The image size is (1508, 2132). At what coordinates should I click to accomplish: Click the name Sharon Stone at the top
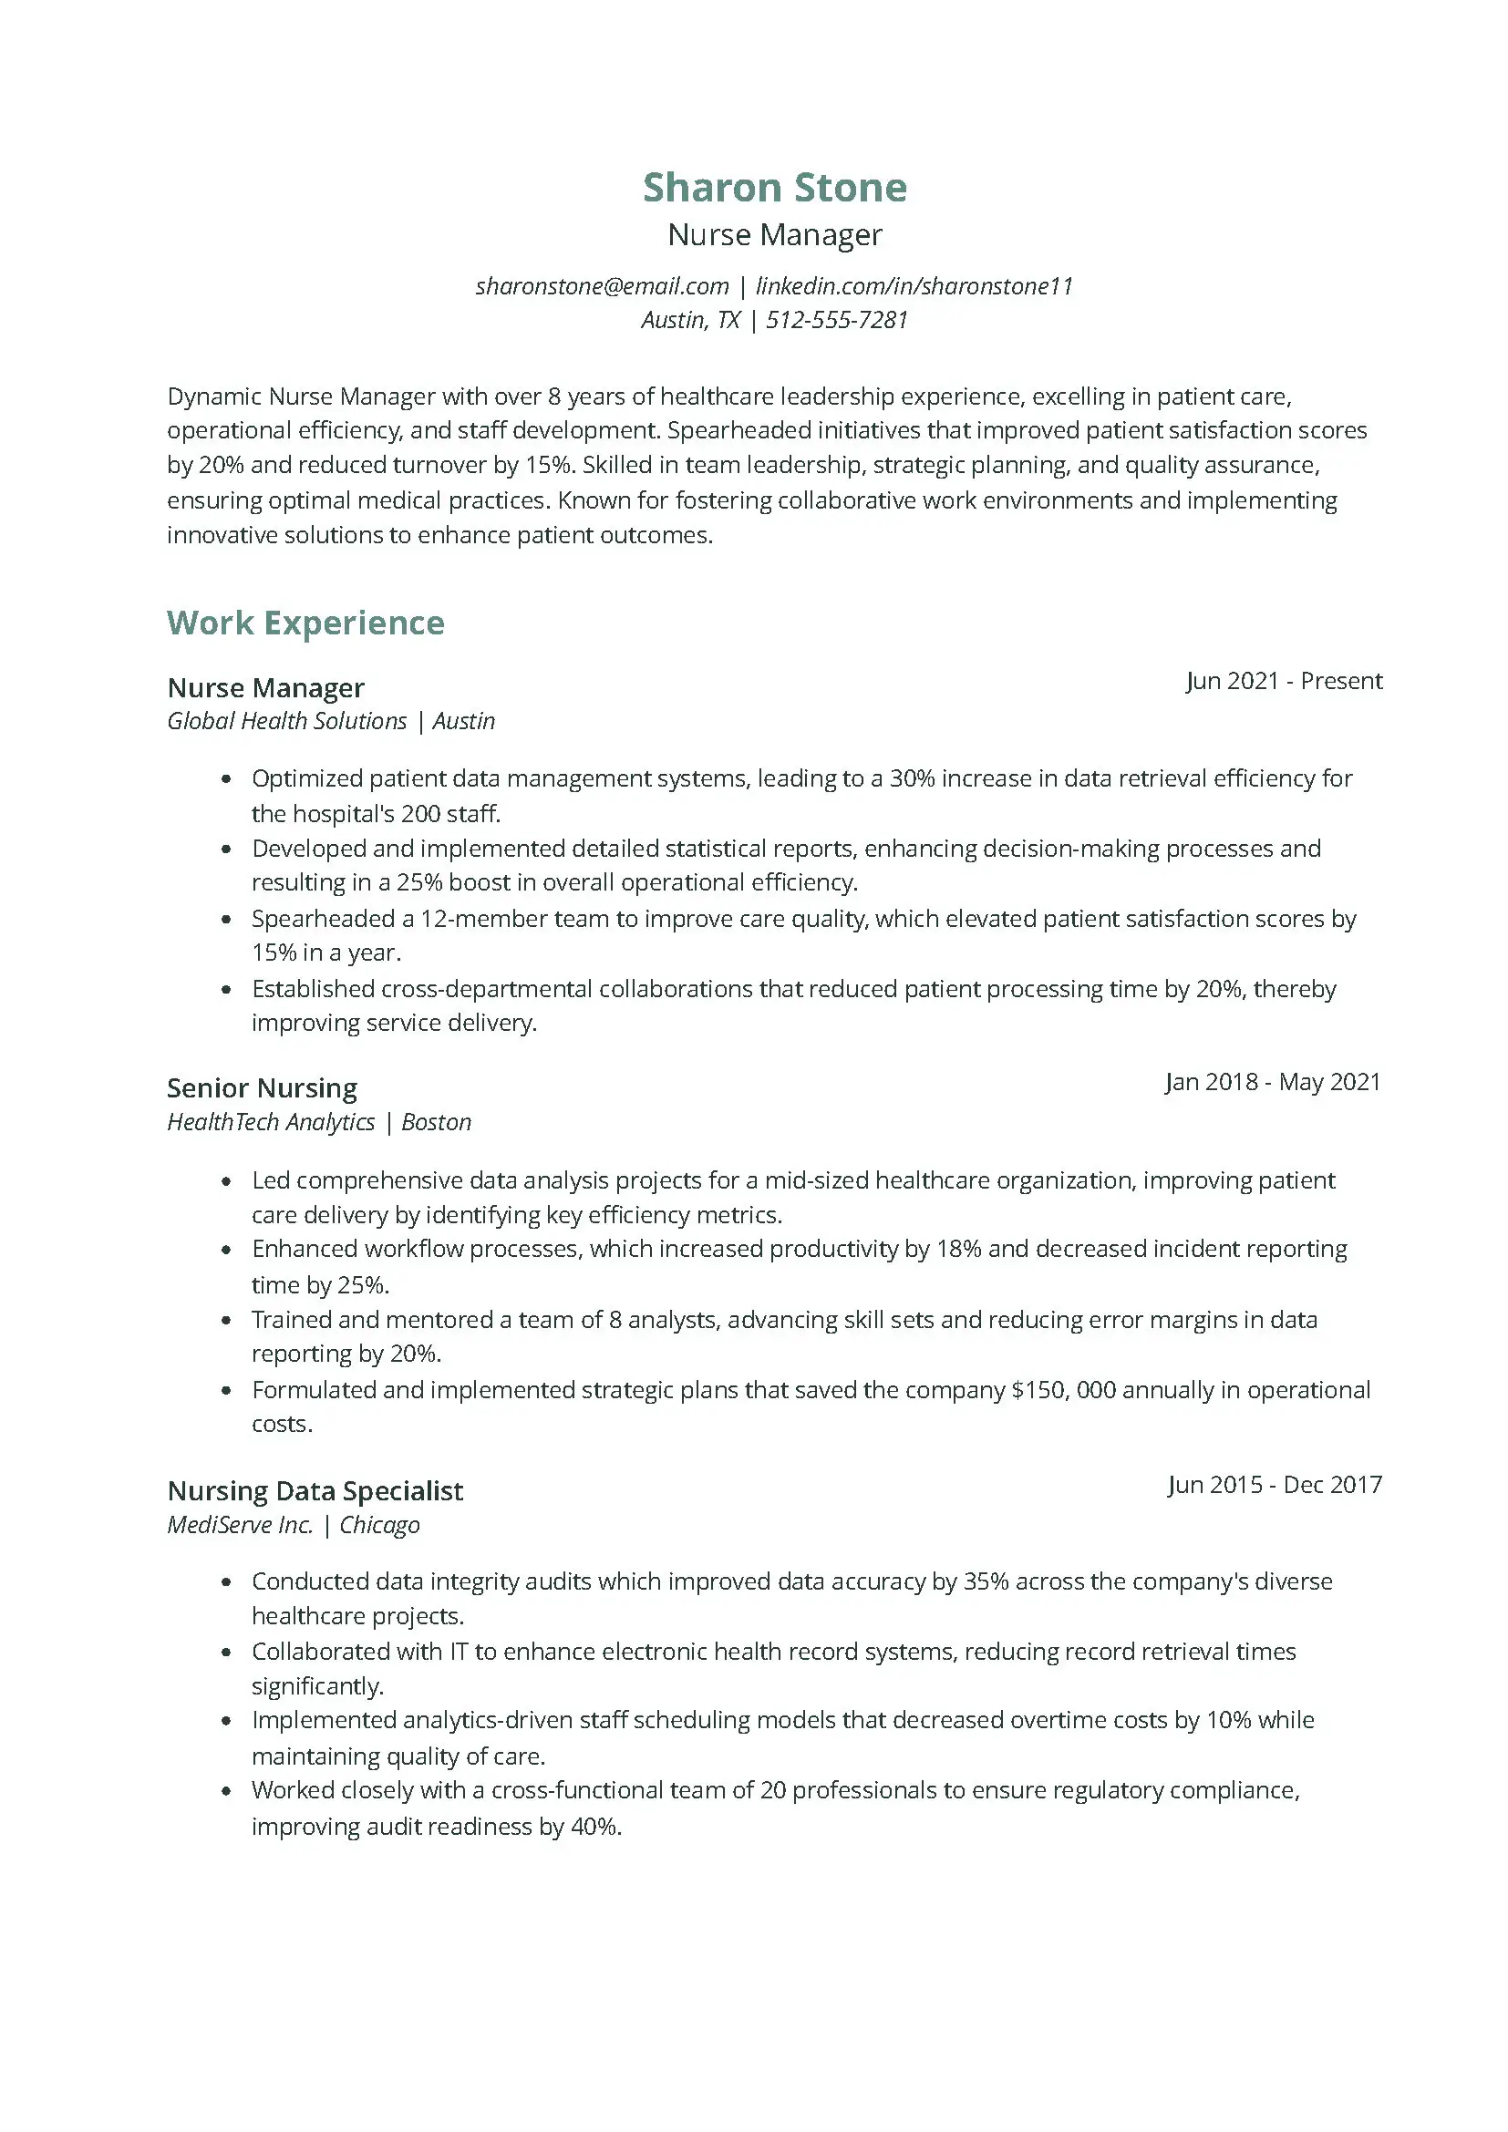tap(774, 188)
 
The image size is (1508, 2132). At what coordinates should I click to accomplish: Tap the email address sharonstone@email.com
tap(602, 286)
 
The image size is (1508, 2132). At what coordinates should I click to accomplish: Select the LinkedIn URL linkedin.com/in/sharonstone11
tap(914, 286)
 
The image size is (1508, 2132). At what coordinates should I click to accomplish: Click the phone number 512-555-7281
tap(837, 320)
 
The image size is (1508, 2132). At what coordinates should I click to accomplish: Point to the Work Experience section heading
tap(305, 623)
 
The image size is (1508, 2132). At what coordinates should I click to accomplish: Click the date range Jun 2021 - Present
tap(1284, 681)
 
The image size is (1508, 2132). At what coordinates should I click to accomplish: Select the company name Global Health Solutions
tap(287, 722)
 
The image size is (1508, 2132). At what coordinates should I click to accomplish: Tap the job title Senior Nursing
tap(262, 1087)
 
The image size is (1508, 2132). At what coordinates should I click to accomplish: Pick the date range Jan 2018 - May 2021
tap(1273, 1082)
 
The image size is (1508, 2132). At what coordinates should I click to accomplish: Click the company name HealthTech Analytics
tap(271, 1123)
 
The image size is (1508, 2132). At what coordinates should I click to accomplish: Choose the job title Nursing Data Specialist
tap(315, 1490)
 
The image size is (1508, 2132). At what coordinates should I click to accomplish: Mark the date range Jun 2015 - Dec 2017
tap(1274, 1485)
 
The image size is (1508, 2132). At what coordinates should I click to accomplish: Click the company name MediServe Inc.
tap(240, 1525)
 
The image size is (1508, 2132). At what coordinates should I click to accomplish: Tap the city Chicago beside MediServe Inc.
tap(379, 1525)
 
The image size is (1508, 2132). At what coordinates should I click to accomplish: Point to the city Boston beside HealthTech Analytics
tap(437, 1123)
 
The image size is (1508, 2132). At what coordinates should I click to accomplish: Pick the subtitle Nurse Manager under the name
tap(774, 235)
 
